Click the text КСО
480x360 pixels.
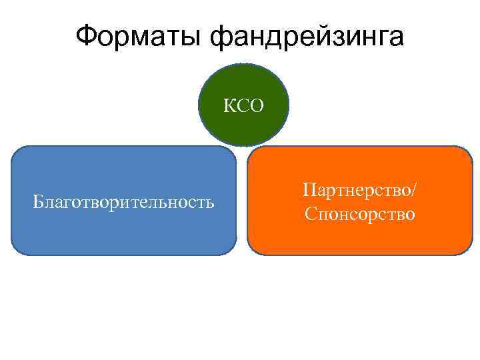244,105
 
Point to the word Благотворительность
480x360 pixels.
124,201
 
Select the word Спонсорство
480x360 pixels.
360,215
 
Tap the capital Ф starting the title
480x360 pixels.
86,37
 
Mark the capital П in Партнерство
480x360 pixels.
309,190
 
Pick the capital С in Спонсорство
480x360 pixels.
309,215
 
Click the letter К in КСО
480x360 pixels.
228,105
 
